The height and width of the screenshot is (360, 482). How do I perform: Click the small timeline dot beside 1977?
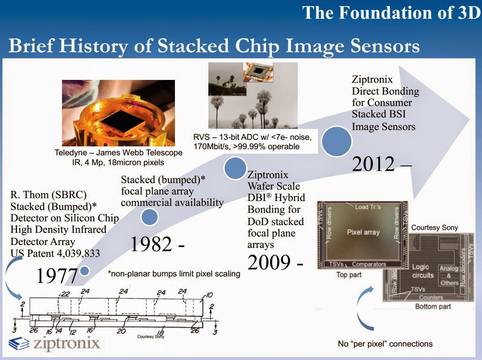point(85,271)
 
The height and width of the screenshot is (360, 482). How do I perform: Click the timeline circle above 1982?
point(149,218)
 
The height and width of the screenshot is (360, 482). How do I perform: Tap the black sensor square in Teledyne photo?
point(120,115)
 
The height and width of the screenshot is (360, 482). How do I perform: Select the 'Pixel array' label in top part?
point(363,232)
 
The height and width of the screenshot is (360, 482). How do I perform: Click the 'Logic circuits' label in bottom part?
point(422,271)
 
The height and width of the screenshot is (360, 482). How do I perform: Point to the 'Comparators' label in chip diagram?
point(369,264)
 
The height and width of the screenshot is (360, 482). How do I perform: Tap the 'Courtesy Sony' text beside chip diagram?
point(434,227)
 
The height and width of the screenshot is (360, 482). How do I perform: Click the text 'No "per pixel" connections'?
point(385,344)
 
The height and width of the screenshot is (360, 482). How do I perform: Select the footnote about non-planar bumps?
point(174,274)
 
